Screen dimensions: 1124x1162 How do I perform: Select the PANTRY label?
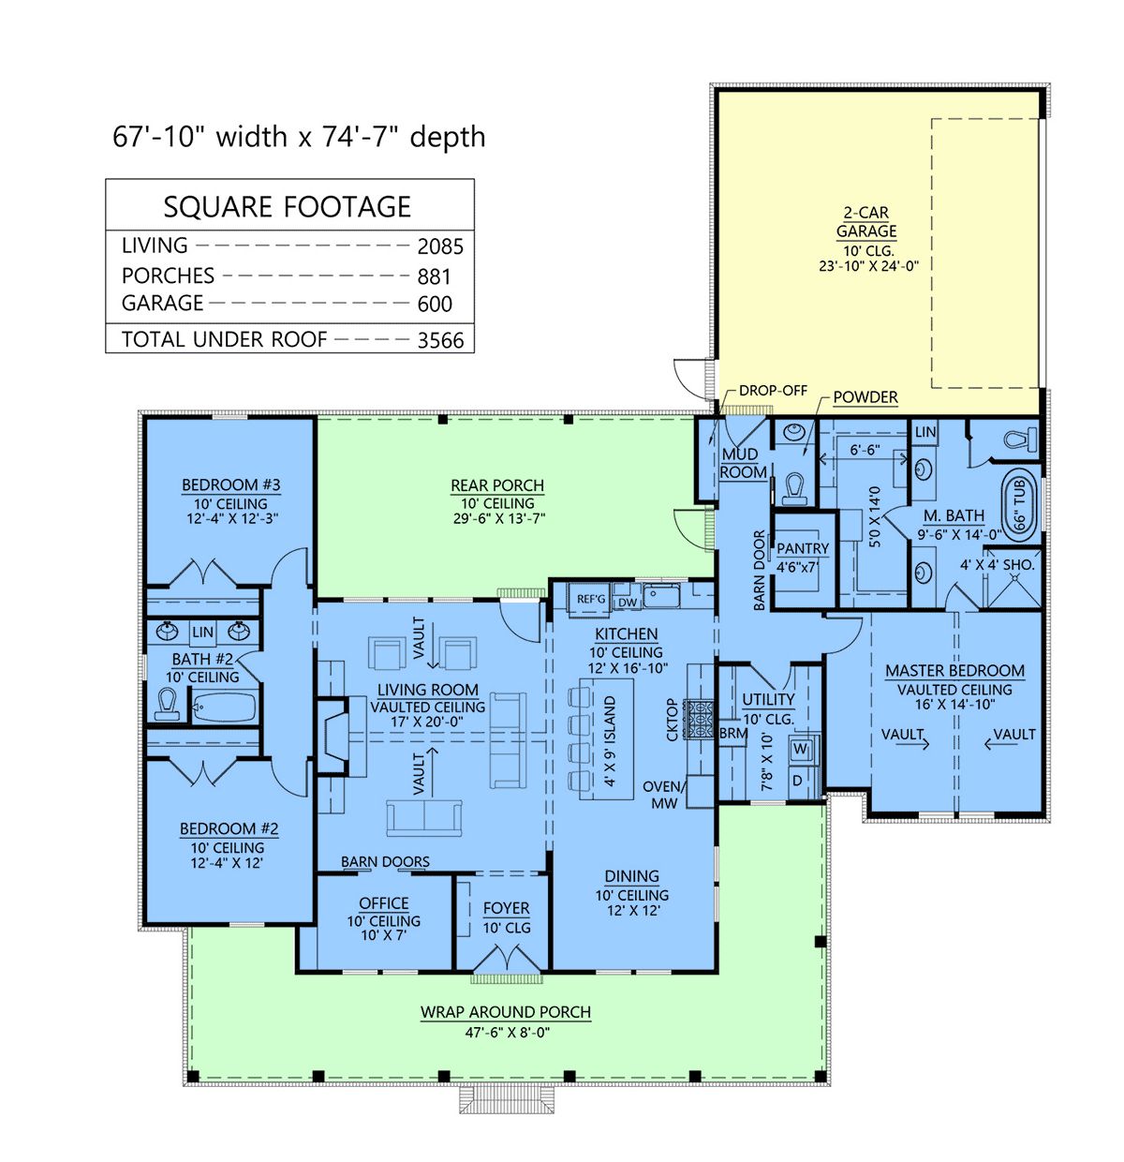[x=802, y=547]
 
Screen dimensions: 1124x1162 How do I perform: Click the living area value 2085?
[x=440, y=246]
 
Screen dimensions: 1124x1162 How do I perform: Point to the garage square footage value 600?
[x=434, y=304]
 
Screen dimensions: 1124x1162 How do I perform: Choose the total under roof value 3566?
[x=440, y=340]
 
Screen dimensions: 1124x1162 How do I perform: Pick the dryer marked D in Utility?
[x=797, y=780]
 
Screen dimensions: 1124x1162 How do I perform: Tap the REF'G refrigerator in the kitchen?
[x=590, y=598]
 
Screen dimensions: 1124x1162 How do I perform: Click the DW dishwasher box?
[x=627, y=603]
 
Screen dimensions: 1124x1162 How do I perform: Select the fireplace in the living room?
[x=333, y=736]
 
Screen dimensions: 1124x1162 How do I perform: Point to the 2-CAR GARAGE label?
[x=865, y=221]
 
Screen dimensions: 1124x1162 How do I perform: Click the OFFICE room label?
[x=383, y=902]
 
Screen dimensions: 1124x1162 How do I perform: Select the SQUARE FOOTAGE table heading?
[x=288, y=207]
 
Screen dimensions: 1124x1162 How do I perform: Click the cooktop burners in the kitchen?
[x=698, y=719]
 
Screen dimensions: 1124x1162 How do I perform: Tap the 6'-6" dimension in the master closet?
[x=865, y=450]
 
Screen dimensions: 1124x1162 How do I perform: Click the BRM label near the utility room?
[x=732, y=733]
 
